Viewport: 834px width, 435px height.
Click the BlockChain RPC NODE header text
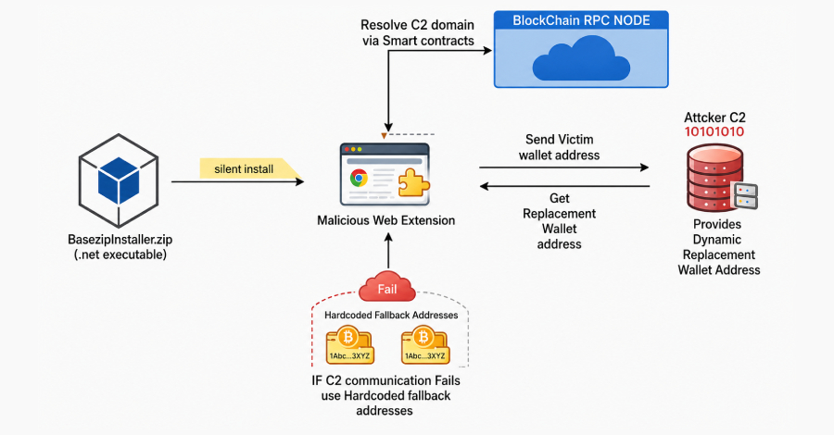pos(581,20)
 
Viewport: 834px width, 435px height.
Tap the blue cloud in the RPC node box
pos(581,58)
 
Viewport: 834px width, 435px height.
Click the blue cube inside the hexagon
pos(119,180)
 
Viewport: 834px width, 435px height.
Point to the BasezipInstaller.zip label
pos(120,239)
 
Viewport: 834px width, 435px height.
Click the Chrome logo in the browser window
pos(359,178)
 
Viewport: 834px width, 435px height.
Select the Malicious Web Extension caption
pos(386,220)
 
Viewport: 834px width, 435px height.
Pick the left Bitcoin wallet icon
pos(349,345)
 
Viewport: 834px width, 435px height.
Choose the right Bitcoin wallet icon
pos(425,345)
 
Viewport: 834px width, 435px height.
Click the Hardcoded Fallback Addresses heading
pos(391,315)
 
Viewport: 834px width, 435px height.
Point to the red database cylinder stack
pos(714,178)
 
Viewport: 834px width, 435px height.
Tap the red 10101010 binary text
pos(714,131)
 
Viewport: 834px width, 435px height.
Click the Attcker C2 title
pos(714,118)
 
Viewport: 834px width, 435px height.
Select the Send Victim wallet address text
pos(559,147)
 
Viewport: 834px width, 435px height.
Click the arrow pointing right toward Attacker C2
pos(563,168)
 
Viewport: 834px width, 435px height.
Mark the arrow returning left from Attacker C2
pos(564,186)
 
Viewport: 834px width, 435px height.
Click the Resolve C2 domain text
pos(417,25)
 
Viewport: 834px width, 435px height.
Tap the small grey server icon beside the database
pos(745,195)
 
